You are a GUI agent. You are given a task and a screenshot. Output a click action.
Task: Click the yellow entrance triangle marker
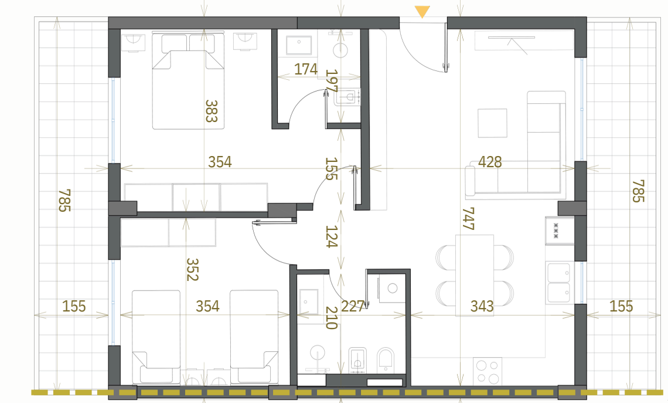[x=422, y=12]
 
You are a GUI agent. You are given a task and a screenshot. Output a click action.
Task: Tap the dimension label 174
[x=306, y=69]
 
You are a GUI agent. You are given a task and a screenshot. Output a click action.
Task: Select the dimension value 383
[x=212, y=111]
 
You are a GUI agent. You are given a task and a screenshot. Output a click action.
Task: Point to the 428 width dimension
[x=490, y=162]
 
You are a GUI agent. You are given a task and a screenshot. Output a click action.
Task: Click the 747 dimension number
[x=469, y=219]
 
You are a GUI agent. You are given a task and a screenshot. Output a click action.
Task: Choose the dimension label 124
[x=332, y=236]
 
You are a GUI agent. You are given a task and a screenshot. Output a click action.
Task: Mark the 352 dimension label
[x=193, y=269]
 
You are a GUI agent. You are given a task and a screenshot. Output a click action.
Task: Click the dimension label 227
[x=353, y=306]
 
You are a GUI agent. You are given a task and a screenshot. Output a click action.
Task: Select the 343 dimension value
[x=482, y=306]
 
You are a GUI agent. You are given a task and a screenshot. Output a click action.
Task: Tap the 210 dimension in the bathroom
[x=332, y=318]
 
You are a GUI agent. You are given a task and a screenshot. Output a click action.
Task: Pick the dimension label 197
[x=332, y=81]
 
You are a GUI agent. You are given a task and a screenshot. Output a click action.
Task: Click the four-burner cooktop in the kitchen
[x=488, y=371]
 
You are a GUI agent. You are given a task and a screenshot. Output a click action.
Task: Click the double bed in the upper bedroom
[x=188, y=80]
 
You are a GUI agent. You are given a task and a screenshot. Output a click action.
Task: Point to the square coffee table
[x=492, y=123]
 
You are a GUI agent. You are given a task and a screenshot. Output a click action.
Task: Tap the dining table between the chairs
[x=475, y=276]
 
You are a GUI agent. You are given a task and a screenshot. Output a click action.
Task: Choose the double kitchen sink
[x=559, y=283]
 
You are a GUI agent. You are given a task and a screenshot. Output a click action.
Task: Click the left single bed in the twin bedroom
[x=156, y=337]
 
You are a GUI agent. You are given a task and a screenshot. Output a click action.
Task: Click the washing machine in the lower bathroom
[x=392, y=289]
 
